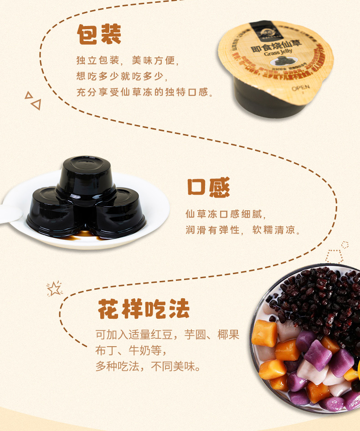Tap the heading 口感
click(208, 187)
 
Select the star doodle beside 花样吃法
click(54, 288)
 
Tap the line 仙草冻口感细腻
click(225, 214)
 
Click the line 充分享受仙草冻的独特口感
click(144, 92)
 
